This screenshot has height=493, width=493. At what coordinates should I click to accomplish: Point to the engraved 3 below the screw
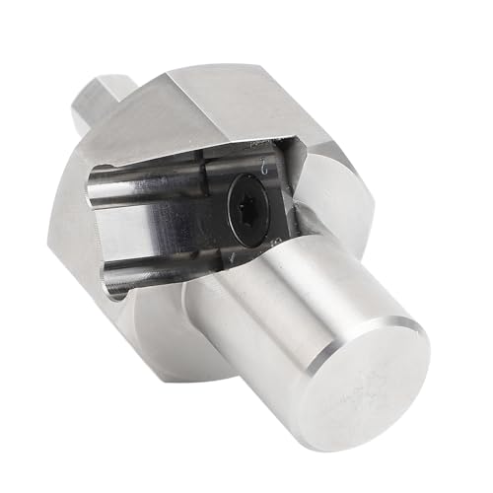click(x=279, y=237)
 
